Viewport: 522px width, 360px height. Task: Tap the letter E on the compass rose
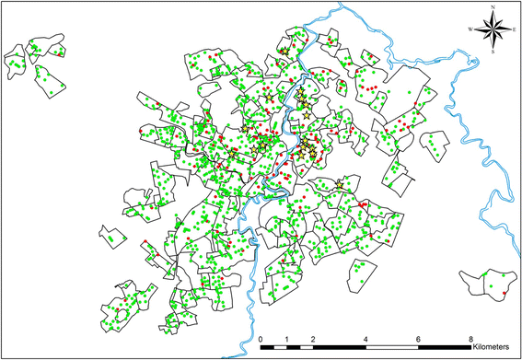click(x=513, y=29)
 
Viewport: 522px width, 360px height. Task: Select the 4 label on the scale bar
click(x=368, y=338)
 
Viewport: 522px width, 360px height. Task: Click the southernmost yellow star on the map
click(x=341, y=185)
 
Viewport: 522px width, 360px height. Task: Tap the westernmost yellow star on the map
click(x=254, y=148)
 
